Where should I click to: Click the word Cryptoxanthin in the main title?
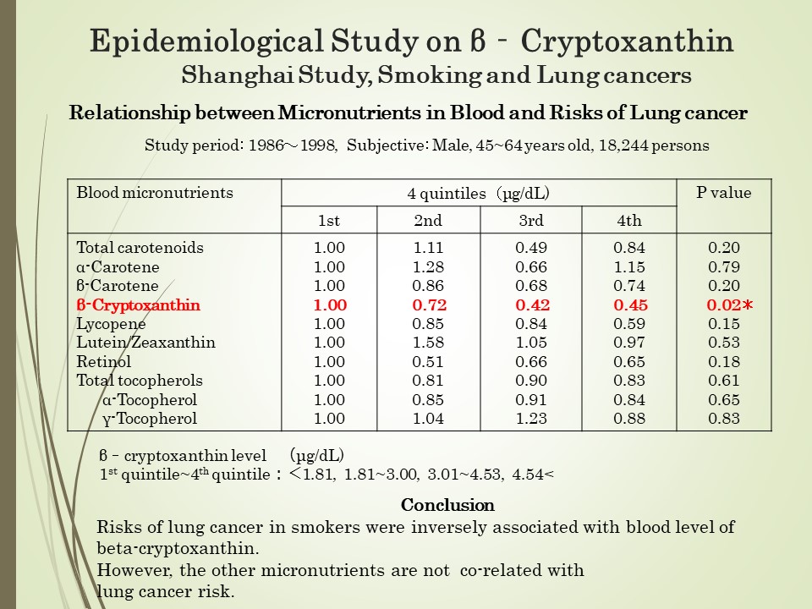(x=627, y=41)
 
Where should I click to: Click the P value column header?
(x=723, y=193)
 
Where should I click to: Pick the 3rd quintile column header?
(x=531, y=221)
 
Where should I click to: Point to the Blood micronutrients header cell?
(x=155, y=193)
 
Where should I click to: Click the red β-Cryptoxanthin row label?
(x=138, y=304)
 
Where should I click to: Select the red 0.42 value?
(x=532, y=304)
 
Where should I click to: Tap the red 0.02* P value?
(x=729, y=304)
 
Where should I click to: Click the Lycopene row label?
(x=111, y=324)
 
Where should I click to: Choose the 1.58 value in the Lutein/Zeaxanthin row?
(x=428, y=343)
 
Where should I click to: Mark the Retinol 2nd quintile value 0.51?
(x=428, y=361)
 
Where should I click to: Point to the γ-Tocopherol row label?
(x=150, y=419)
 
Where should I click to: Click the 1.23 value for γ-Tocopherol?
(x=531, y=419)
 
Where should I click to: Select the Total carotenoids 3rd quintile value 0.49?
(x=531, y=248)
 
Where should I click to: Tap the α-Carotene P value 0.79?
(x=724, y=267)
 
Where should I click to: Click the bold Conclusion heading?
(x=447, y=505)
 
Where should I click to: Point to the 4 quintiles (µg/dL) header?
(x=479, y=194)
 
